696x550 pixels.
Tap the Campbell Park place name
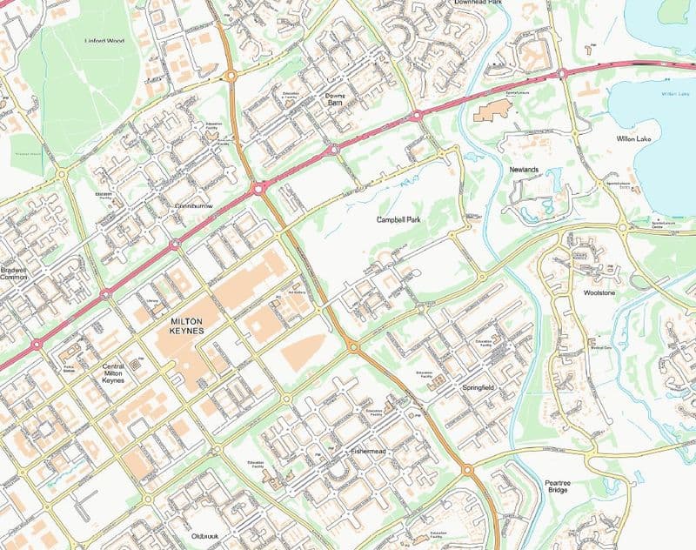coord(398,221)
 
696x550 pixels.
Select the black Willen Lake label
coord(633,138)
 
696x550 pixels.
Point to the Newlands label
coord(524,170)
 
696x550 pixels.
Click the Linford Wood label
coord(104,41)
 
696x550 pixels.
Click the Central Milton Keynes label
coord(113,374)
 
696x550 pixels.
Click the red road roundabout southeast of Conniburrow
coord(258,187)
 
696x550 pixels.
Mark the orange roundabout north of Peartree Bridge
coord(467,470)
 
